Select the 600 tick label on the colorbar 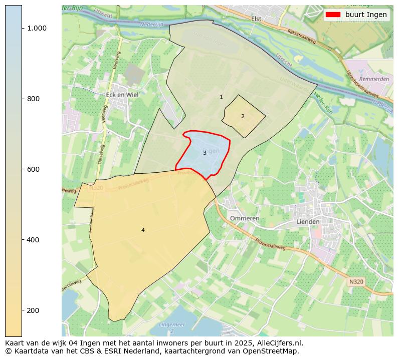click(x=34, y=169)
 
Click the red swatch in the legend click(x=333, y=15)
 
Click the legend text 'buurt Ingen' click(x=366, y=15)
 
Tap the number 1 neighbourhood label click(x=221, y=97)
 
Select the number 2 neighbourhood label click(x=243, y=116)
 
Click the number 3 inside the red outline click(x=205, y=153)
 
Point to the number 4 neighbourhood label click(x=143, y=230)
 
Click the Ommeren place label click(x=245, y=218)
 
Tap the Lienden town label click(x=308, y=221)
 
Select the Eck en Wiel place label click(x=122, y=94)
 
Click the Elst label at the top click(x=256, y=19)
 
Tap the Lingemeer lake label click(x=171, y=325)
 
